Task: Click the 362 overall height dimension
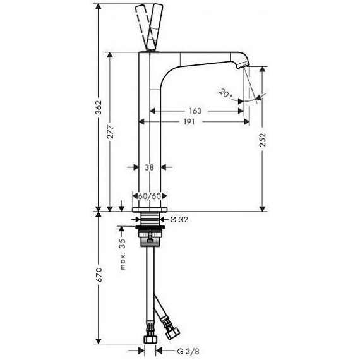pyautogui.click(x=99, y=107)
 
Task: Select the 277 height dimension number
pyautogui.click(x=111, y=131)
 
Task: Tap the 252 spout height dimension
pyautogui.click(x=263, y=140)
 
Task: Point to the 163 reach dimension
pyautogui.click(x=195, y=111)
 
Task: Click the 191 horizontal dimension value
pyautogui.click(x=189, y=122)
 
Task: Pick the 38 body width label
pyautogui.click(x=149, y=167)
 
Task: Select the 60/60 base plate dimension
pyautogui.click(x=150, y=196)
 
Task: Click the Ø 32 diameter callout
pyautogui.click(x=179, y=220)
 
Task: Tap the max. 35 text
pyautogui.click(x=123, y=254)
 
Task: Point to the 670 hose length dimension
pyautogui.click(x=99, y=275)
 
